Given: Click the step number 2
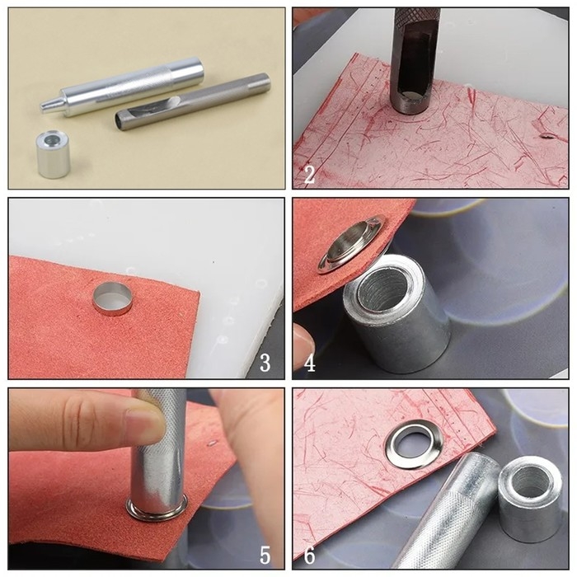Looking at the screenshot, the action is click(x=309, y=175).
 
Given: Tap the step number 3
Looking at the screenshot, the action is click(x=265, y=363).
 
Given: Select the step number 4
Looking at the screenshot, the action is click(x=310, y=363).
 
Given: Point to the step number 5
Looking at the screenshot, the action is click(x=265, y=555).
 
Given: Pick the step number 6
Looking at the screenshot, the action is click(x=309, y=555).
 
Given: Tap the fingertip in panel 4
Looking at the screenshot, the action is click(x=303, y=341).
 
